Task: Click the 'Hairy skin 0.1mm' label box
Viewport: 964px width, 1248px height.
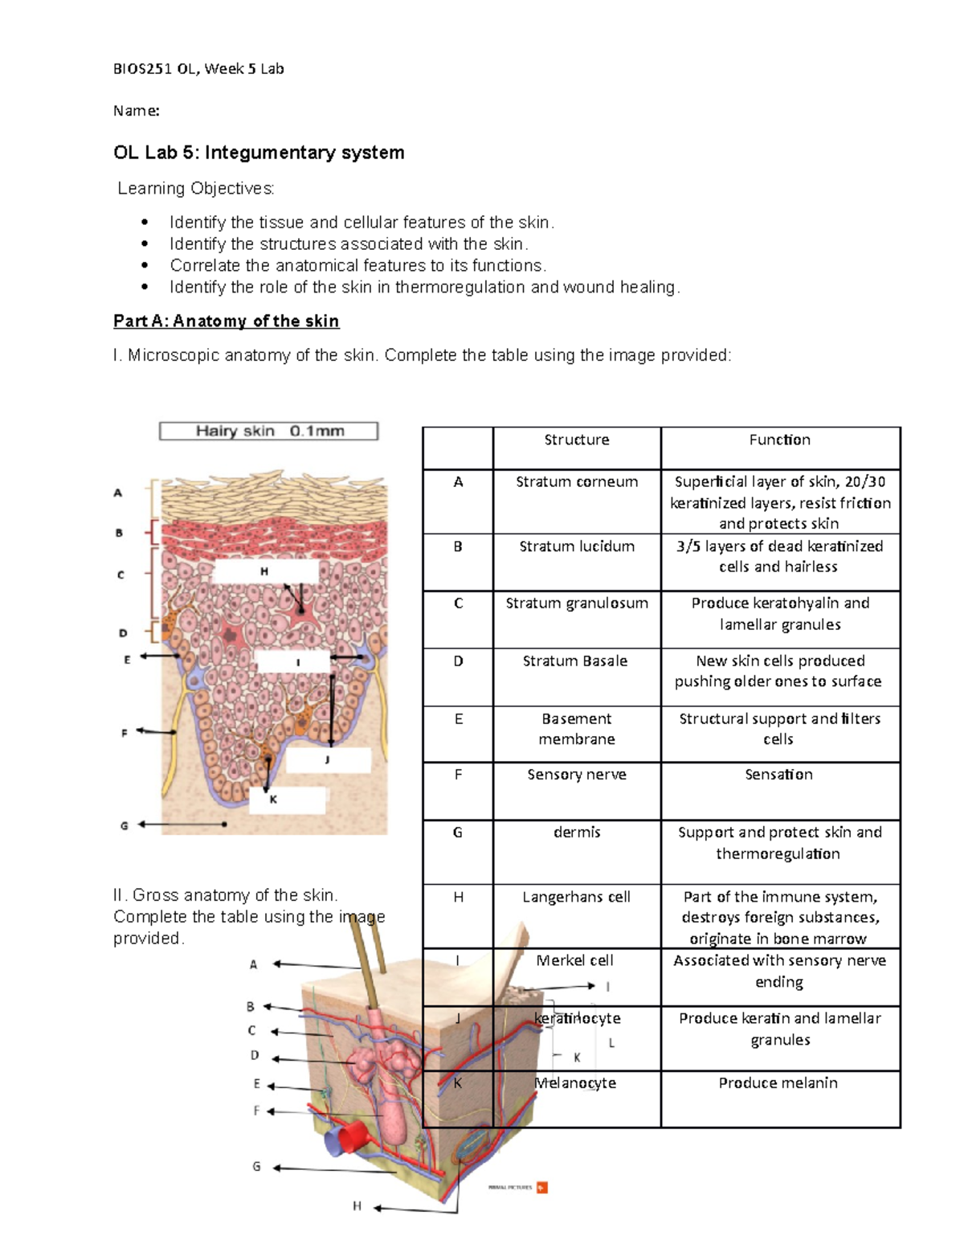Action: [x=268, y=432]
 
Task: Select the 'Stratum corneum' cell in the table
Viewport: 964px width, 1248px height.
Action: [x=577, y=482]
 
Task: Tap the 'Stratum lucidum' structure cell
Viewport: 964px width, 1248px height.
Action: [x=577, y=546]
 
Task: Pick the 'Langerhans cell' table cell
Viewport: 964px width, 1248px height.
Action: [x=577, y=897]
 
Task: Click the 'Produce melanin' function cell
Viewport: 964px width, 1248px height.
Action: [x=778, y=1083]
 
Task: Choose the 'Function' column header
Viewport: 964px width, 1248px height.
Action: [x=779, y=440]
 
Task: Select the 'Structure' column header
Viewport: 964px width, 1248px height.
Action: [x=577, y=440]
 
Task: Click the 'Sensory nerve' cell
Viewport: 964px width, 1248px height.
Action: [x=577, y=775]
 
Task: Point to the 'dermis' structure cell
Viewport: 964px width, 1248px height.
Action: [x=577, y=833]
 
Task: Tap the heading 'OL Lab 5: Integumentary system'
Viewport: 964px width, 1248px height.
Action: [x=259, y=153]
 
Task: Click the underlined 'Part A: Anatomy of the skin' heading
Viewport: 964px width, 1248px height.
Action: [x=226, y=321]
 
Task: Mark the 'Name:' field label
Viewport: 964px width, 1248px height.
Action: [x=136, y=111]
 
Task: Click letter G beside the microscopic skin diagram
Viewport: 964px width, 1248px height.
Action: [x=125, y=825]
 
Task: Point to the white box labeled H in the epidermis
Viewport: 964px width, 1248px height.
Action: [x=266, y=572]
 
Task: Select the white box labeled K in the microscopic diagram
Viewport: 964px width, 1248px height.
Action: [x=287, y=800]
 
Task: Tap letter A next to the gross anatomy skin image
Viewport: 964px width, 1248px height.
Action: [x=253, y=964]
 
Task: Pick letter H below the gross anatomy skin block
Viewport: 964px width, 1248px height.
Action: [x=357, y=1206]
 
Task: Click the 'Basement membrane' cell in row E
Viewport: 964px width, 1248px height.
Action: [x=577, y=729]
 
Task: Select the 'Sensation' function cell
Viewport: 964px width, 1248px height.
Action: [x=778, y=775]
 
